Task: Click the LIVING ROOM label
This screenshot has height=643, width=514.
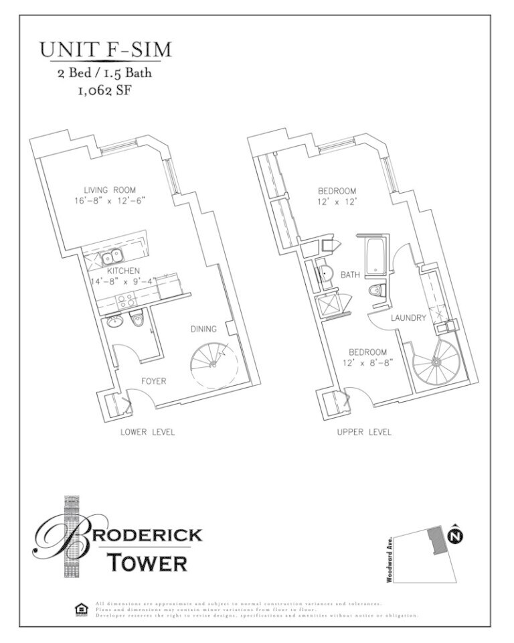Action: (110, 190)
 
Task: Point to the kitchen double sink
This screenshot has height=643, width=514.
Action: (111, 257)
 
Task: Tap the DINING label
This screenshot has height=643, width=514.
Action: (203, 329)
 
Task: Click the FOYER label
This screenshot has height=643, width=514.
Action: (153, 381)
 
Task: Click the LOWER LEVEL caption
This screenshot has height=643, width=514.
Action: (147, 432)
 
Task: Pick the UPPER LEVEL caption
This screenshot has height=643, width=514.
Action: (365, 432)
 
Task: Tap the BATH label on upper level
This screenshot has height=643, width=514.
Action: (350, 275)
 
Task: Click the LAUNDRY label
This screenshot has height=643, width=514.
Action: (408, 318)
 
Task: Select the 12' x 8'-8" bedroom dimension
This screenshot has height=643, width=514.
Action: (367, 362)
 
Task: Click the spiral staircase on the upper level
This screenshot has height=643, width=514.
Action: (434, 362)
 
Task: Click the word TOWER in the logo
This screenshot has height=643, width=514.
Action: (149, 563)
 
